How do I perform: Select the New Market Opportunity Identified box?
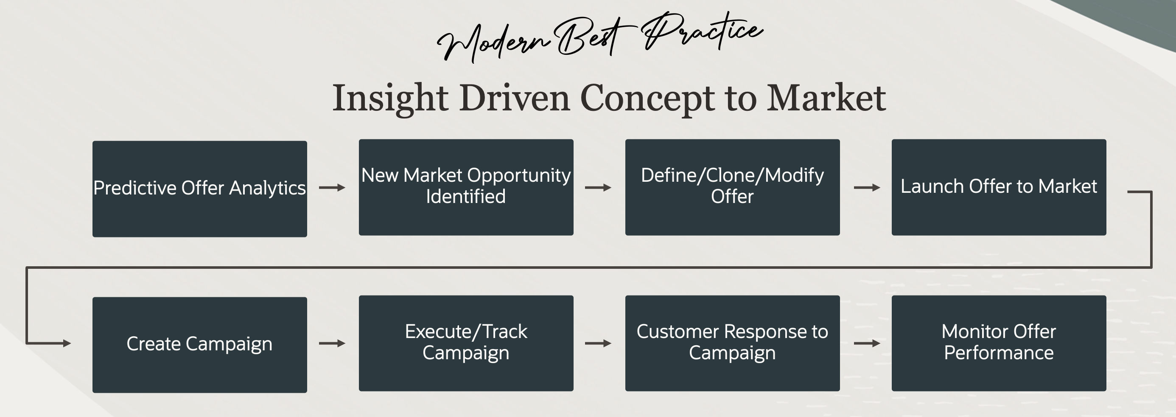[466, 187]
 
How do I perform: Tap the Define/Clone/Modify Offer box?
[732, 187]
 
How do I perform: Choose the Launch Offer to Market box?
[998, 187]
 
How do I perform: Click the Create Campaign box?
[199, 344]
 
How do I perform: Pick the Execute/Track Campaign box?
[466, 343]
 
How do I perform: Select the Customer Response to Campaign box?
[732, 343]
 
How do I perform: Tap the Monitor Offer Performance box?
[998, 343]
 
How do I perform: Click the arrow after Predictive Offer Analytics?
[332, 188]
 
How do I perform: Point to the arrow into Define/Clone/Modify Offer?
[598, 188]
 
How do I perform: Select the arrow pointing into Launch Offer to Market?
[866, 188]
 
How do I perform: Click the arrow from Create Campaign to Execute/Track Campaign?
[332, 343]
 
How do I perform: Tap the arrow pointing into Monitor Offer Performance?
[866, 343]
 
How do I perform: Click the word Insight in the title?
[390, 98]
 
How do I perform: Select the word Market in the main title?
[826, 98]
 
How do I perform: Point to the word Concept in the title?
[647, 99]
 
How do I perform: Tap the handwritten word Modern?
[493, 41]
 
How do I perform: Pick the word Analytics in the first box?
[267, 188]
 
